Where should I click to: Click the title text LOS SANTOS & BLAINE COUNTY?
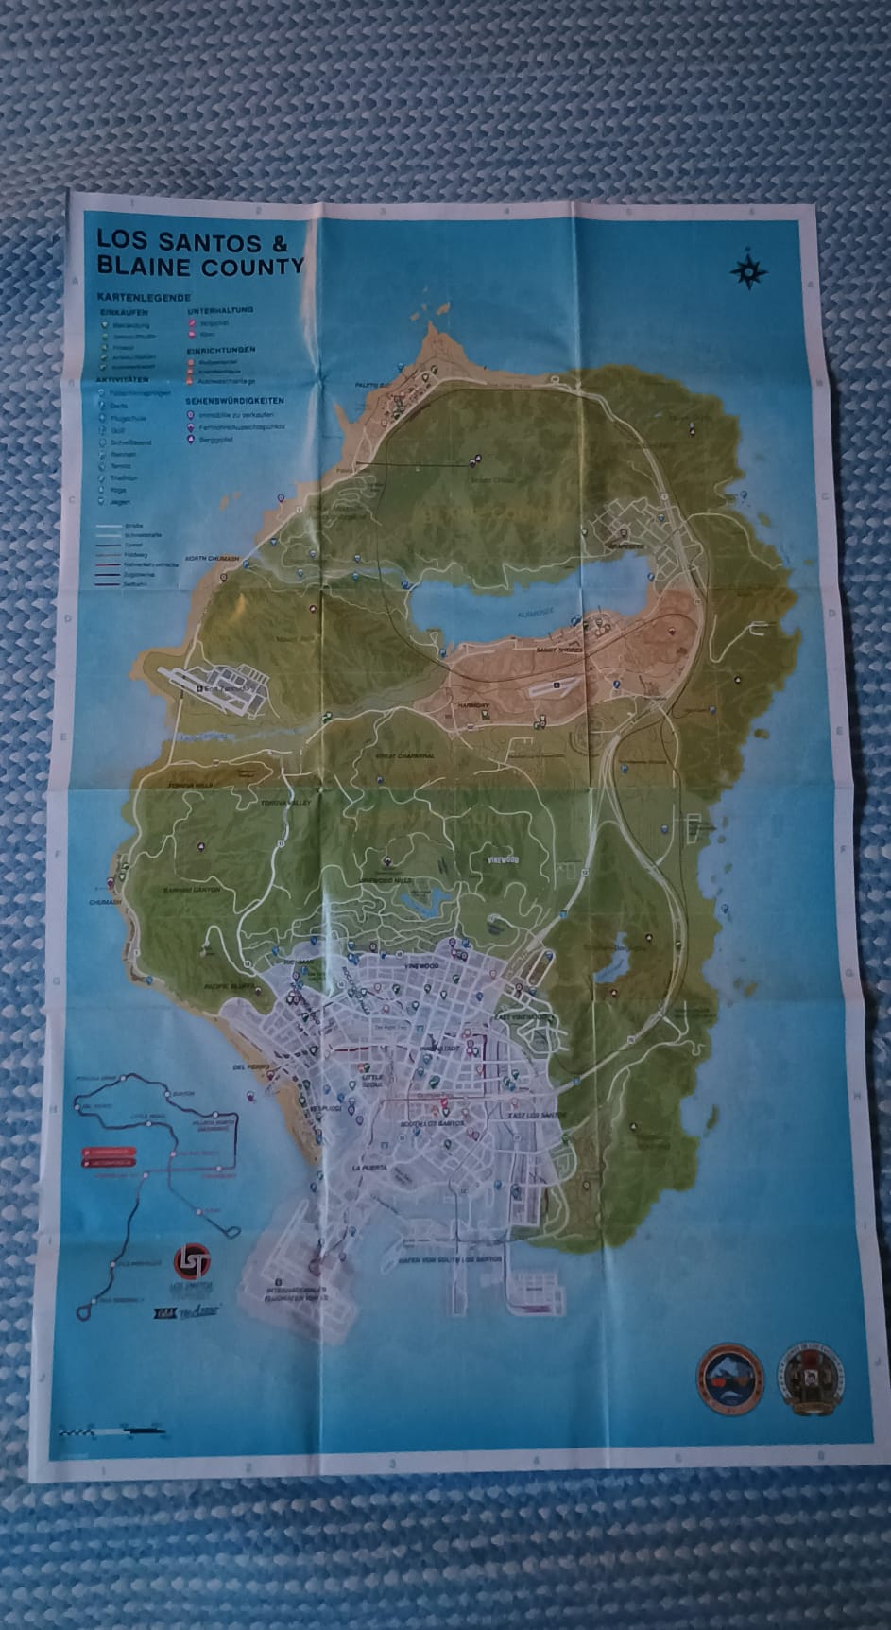(x=199, y=252)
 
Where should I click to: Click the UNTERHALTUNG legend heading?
(x=220, y=310)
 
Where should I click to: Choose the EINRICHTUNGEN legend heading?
(x=222, y=350)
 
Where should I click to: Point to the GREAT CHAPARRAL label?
(x=405, y=755)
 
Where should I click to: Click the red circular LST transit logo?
(x=192, y=1260)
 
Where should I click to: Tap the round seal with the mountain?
(x=728, y=1378)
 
